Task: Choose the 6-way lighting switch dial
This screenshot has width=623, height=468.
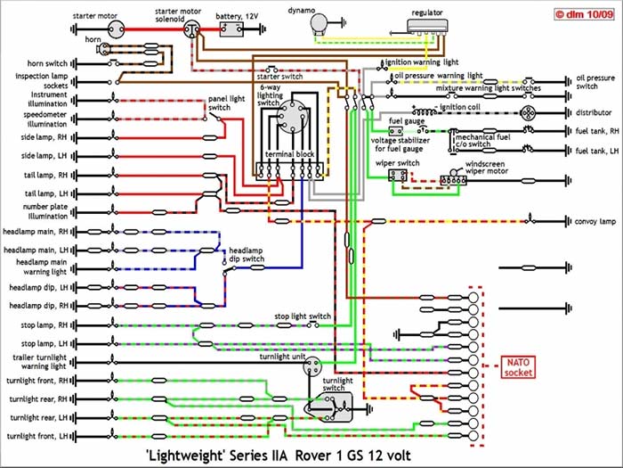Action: tap(288, 119)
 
